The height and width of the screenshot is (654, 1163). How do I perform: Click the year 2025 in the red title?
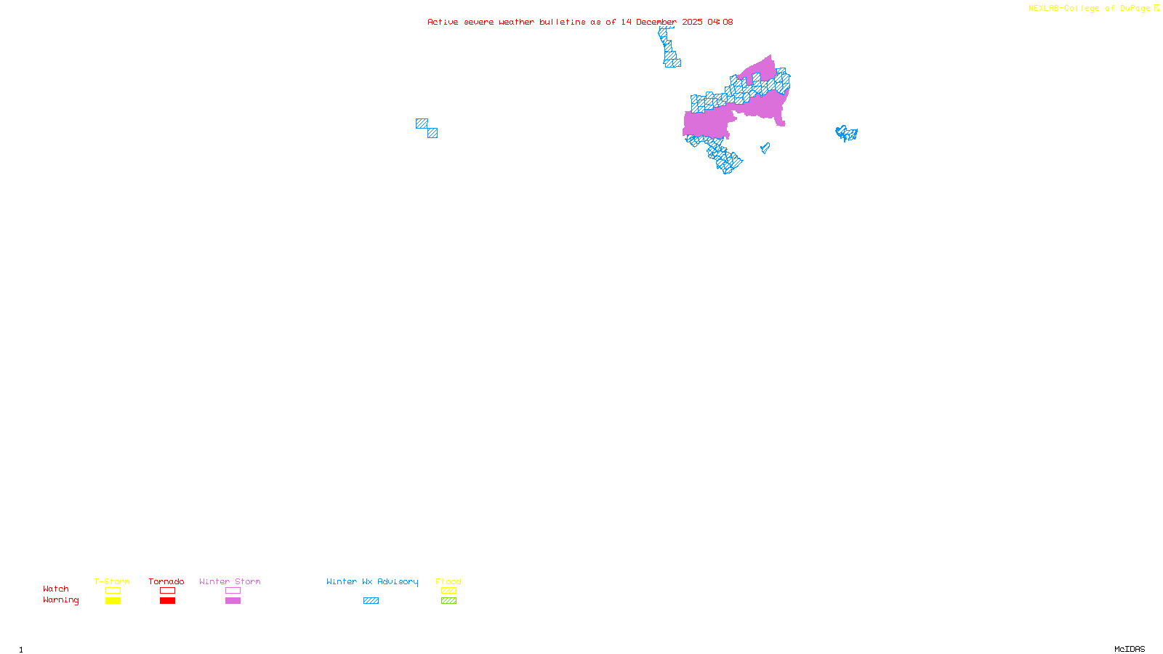(692, 23)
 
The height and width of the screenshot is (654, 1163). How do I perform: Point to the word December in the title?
(656, 23)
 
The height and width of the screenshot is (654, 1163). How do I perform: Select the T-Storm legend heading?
(112, 581)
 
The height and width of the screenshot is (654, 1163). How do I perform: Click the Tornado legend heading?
(166, 581)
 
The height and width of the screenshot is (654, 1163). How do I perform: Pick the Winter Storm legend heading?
(230, 581)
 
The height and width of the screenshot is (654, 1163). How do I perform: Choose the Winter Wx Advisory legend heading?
(372, 581)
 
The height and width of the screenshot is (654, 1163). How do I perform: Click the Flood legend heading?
(448, 581)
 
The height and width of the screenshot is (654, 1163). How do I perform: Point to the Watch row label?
(56, 589)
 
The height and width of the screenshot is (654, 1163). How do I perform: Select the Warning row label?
(61, 600)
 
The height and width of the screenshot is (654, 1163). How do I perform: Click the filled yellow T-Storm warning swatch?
(113, 601)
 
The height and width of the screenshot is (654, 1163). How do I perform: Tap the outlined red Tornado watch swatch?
(167, 591)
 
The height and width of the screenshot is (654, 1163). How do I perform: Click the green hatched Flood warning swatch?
(448, 601)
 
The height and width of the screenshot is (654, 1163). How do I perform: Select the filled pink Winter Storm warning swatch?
(233, 601)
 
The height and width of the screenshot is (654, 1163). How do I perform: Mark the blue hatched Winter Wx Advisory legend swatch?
(371, 601)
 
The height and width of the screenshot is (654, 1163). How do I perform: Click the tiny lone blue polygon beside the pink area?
(765, 148)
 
